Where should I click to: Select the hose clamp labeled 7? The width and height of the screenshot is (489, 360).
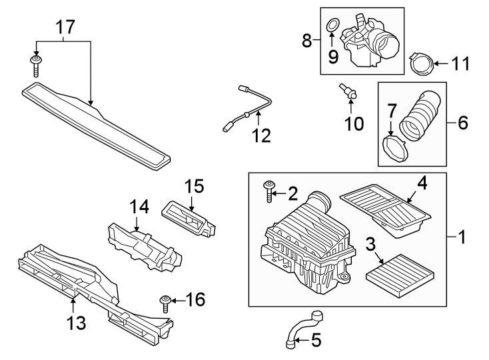tap(396, 148)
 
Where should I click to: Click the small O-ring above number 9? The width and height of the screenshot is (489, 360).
tap(331, 27)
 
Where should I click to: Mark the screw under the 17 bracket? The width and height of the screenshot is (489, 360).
tap(36, 65)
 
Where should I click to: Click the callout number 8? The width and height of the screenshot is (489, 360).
tap(308, 41)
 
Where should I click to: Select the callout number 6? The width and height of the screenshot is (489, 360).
tap(462, 123)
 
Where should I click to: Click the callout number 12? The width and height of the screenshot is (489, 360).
tap(260, 135)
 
